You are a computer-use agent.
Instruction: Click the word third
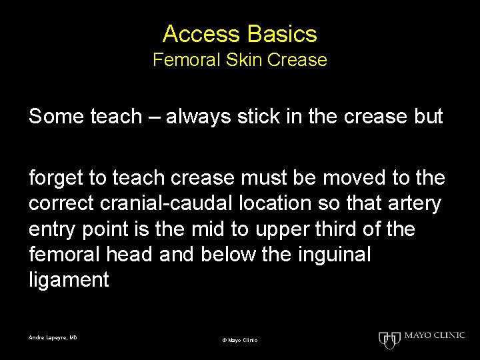[354, 229]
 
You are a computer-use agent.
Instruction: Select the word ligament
[69, 281]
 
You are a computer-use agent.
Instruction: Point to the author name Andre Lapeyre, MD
[53, 338]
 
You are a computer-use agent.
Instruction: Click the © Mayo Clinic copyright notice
[240, 340]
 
